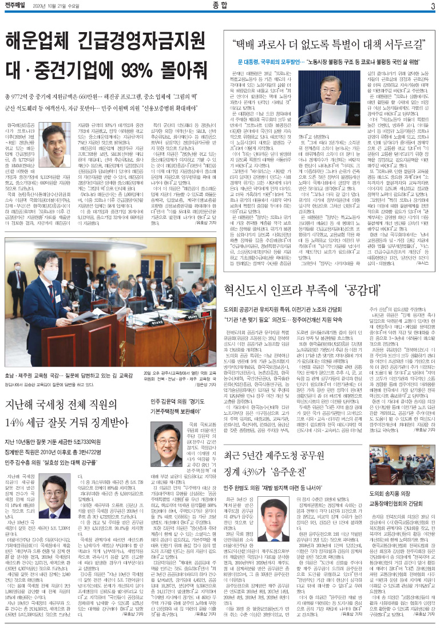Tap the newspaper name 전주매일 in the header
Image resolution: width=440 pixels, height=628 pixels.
pos(19,6)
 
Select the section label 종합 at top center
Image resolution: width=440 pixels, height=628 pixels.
pos(220,6)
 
